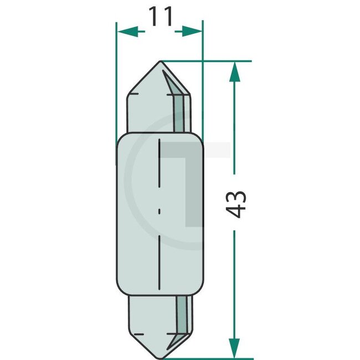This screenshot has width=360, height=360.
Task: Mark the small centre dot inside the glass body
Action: pos(160,211)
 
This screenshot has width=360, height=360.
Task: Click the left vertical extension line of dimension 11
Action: pos(116,83)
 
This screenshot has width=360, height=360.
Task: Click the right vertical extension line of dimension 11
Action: pos(203,83)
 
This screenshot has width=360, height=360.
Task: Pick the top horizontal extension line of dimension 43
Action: pos(222,61)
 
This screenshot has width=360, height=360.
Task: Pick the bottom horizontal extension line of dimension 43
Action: pos(222,358)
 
